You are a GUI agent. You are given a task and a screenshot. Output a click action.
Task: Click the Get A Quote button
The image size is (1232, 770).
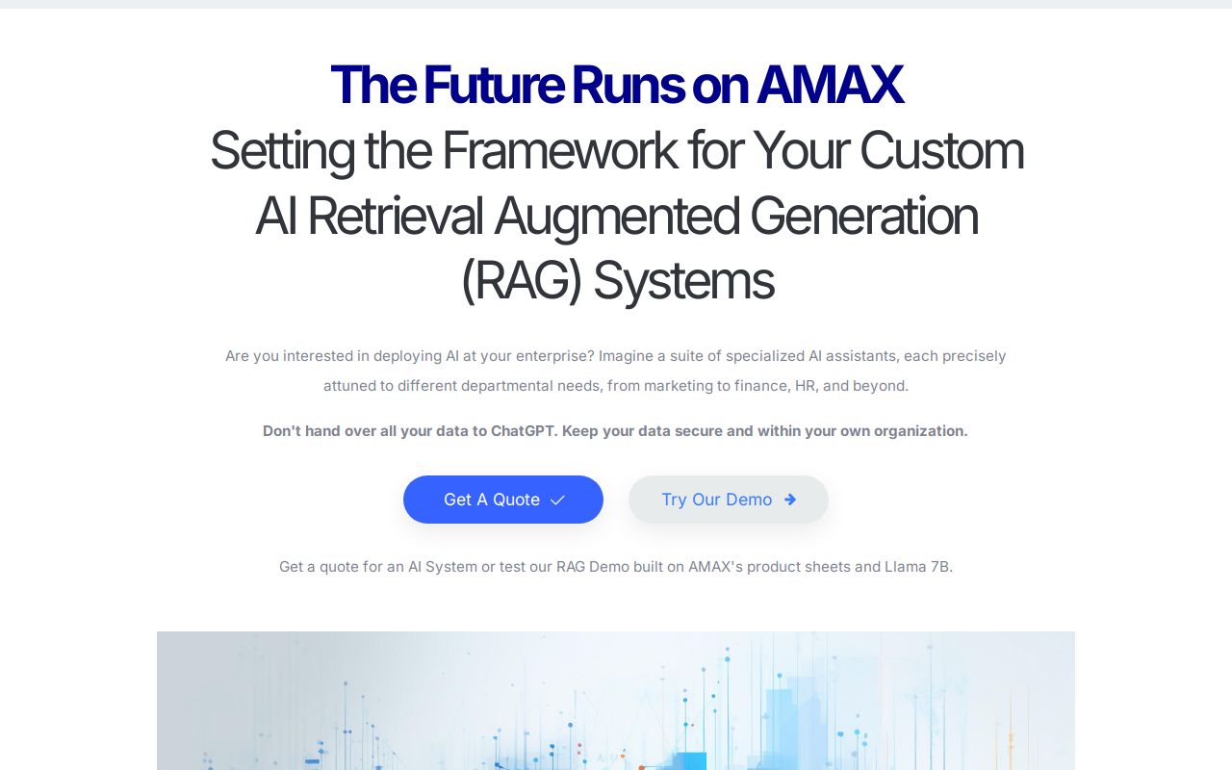(x=502, y=500)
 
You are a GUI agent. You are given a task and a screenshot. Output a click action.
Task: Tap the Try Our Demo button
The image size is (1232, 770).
(x=728, y=500)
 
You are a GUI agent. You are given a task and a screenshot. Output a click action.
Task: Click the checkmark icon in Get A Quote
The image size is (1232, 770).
(x=557, y=500)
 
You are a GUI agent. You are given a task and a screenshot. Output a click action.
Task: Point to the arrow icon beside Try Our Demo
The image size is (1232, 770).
(x=790, y=500)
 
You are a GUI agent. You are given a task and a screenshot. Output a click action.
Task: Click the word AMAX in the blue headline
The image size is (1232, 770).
(x=830, y=85)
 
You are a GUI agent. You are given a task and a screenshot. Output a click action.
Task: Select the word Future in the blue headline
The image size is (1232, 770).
(x=493, y=85)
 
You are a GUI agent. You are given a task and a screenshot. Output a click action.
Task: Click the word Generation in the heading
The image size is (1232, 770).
(x=863, y=216)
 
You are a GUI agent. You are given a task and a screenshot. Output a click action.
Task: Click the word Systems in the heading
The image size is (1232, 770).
(x=682, y=281)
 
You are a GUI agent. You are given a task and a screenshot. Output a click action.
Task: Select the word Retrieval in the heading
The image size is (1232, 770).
(x=395, y=216)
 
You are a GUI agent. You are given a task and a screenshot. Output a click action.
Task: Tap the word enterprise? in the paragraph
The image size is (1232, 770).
(x=551, y=356)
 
